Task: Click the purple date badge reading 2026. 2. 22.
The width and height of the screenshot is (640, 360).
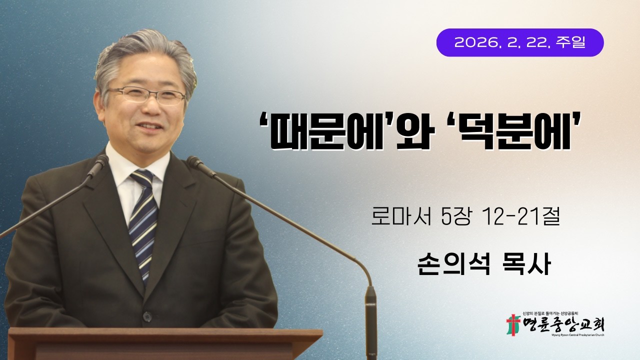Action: point(520,42)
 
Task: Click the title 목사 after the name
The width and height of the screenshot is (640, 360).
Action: point(525,265)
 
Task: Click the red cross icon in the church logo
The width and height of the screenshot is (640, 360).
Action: point(513,325)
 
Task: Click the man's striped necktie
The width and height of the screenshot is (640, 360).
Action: point(143,220)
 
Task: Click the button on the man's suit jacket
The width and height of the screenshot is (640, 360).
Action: point(147,316)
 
